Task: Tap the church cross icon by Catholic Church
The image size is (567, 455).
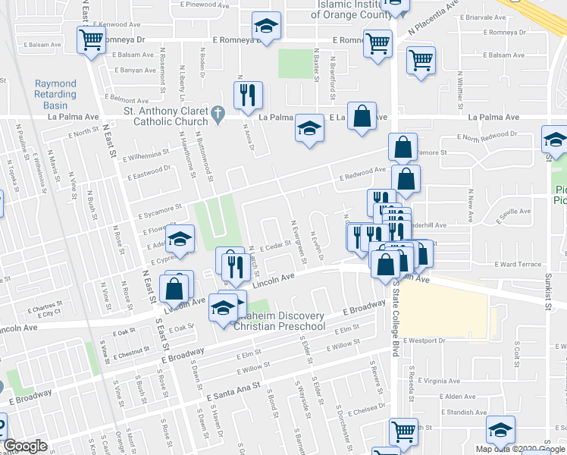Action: [x=218, y=115]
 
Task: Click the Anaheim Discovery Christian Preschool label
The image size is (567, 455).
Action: [x=279, y=321]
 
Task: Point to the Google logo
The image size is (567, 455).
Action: [x=26, y=446]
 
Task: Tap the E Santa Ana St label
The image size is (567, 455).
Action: [x=233, y=388]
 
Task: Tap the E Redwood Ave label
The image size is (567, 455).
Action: [x=364, y=174]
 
